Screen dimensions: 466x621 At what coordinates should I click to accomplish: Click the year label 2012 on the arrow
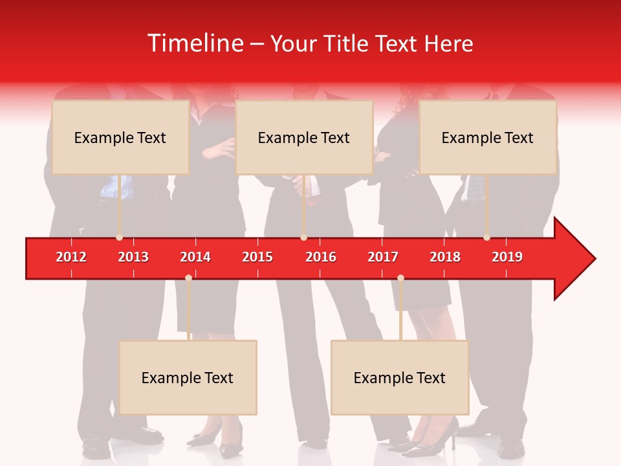(71, 257)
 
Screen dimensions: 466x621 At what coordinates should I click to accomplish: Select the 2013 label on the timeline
(133, 257)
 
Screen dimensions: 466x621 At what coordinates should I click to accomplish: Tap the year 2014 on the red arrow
(195, 257)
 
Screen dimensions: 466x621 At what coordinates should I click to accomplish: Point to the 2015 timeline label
(257, 257)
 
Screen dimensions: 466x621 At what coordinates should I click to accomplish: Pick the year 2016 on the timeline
(321, 257)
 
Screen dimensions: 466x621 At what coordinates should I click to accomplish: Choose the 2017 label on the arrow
(383, 257)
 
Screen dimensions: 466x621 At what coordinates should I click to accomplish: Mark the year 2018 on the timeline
(445, 257)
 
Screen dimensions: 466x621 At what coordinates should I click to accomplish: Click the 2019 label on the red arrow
(507, 257)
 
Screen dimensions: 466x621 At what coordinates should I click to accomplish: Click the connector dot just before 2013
(119, 238)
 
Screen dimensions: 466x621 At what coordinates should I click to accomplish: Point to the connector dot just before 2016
(303, 238)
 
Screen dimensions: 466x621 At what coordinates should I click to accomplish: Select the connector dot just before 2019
(486, 238)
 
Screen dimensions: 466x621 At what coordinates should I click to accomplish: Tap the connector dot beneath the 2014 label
(188, 278)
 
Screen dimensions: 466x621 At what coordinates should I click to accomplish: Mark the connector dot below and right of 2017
(400, 278)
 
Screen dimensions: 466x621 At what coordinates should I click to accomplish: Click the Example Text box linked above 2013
(120, 137)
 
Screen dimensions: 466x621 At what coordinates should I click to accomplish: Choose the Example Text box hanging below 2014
(188, 377)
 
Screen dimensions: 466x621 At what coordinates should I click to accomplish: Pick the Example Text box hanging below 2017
(400, 377)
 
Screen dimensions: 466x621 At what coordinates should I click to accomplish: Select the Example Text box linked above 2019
(488, 137)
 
